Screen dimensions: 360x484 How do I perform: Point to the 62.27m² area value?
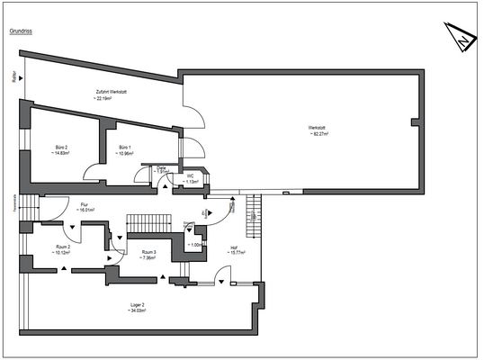[x=316, y=135]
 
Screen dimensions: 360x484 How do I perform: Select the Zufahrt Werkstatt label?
[x=114, y=92]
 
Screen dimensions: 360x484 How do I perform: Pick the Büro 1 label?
[x=124, y=147]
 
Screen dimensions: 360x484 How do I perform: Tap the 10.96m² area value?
[x=124, y=153]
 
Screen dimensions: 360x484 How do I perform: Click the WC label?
[x=191, y=175]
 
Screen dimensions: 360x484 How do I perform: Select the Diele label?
[x=163, y=167]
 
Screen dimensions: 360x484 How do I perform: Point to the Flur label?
[x=86, y=203]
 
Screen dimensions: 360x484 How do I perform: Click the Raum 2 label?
[x=62, y=246]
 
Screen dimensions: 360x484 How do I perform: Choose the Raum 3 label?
[x=148, y=252]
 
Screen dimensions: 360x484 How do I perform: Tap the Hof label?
[x=234, y=247]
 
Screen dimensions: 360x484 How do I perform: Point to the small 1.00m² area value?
[x=197, y=244]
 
